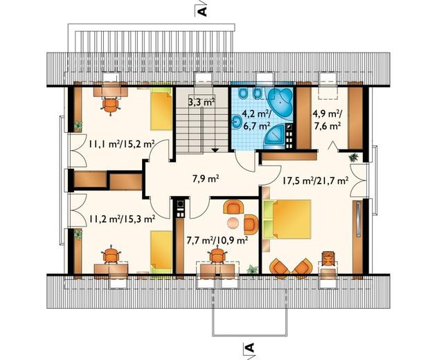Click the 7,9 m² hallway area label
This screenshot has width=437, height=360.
click(206, 179)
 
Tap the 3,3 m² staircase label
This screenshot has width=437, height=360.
click(202, 102)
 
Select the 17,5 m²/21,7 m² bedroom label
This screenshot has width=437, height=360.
click(316, 181)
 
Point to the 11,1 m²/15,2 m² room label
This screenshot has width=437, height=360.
click(122, 144)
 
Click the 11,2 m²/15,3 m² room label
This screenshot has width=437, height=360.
click(122, 219)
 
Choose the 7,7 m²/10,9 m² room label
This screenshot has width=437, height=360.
click(217, 240)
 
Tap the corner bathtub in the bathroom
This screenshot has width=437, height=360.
click(279, 100)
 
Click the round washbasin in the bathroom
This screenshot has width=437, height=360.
click(237, 122)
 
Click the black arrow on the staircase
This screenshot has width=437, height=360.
click(215, 150)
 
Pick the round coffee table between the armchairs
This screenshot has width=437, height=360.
click(233, 223)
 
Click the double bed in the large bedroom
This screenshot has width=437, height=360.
click(287, 219)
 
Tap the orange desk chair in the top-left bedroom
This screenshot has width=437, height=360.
click(111, 106)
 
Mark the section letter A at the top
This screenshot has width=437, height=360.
click(204, 12)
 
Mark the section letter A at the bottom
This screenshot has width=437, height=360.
click(251, 348)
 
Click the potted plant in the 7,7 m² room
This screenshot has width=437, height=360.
click(253, 269)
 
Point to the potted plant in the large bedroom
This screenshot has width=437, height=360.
click(353, 157)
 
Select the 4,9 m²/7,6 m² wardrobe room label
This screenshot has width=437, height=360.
click(327, 120)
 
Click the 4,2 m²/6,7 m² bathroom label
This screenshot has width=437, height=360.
click(253, 120)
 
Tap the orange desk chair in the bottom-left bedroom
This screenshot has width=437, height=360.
click(112, 254)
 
